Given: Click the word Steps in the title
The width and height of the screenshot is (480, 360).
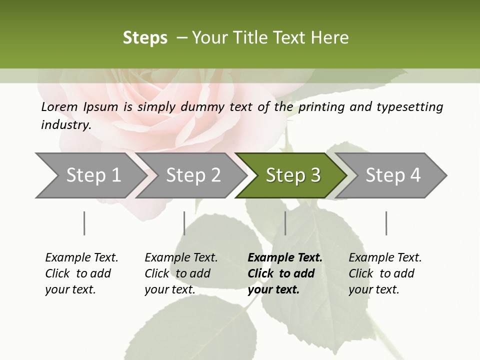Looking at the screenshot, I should (145, 38).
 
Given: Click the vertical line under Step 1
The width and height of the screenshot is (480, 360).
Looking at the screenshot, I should (84, 223).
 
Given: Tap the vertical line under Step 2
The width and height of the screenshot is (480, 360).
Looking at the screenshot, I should (184, 223).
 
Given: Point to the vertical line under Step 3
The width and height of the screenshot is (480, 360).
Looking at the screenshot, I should (285, 223).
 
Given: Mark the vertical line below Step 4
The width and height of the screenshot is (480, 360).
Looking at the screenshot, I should (386, 223).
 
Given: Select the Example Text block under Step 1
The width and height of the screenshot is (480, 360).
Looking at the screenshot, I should (81, 273).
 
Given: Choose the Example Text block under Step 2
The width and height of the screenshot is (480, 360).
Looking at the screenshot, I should (180, 273).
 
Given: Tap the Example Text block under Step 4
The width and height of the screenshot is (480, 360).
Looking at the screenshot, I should (384, 273).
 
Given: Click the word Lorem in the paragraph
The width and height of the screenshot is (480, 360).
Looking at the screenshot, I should (59, 107).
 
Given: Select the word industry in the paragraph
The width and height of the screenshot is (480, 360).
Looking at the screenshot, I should (65, 125).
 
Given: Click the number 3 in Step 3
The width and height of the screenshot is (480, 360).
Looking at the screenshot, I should (315, 175).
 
